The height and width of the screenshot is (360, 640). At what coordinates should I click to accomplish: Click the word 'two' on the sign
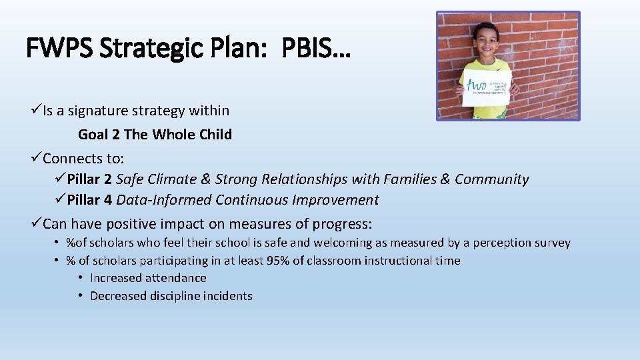[x=477, y=85]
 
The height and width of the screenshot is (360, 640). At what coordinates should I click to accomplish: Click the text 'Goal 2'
[x=99, y=135]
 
